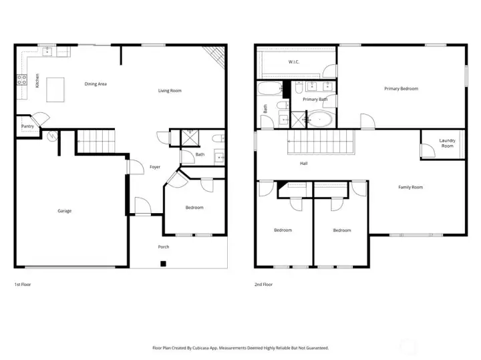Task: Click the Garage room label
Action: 64,211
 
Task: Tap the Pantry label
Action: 27,126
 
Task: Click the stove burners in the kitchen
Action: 21,81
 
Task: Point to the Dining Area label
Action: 96,84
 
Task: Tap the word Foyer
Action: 154,167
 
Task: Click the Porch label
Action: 163,247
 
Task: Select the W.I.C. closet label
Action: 293,62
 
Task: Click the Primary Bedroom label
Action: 401,88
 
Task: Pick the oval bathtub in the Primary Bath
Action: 319,120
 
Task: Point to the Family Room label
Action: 410,187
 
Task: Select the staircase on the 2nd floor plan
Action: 319,142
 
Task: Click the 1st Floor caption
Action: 23,285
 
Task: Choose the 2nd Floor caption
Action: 263,285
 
